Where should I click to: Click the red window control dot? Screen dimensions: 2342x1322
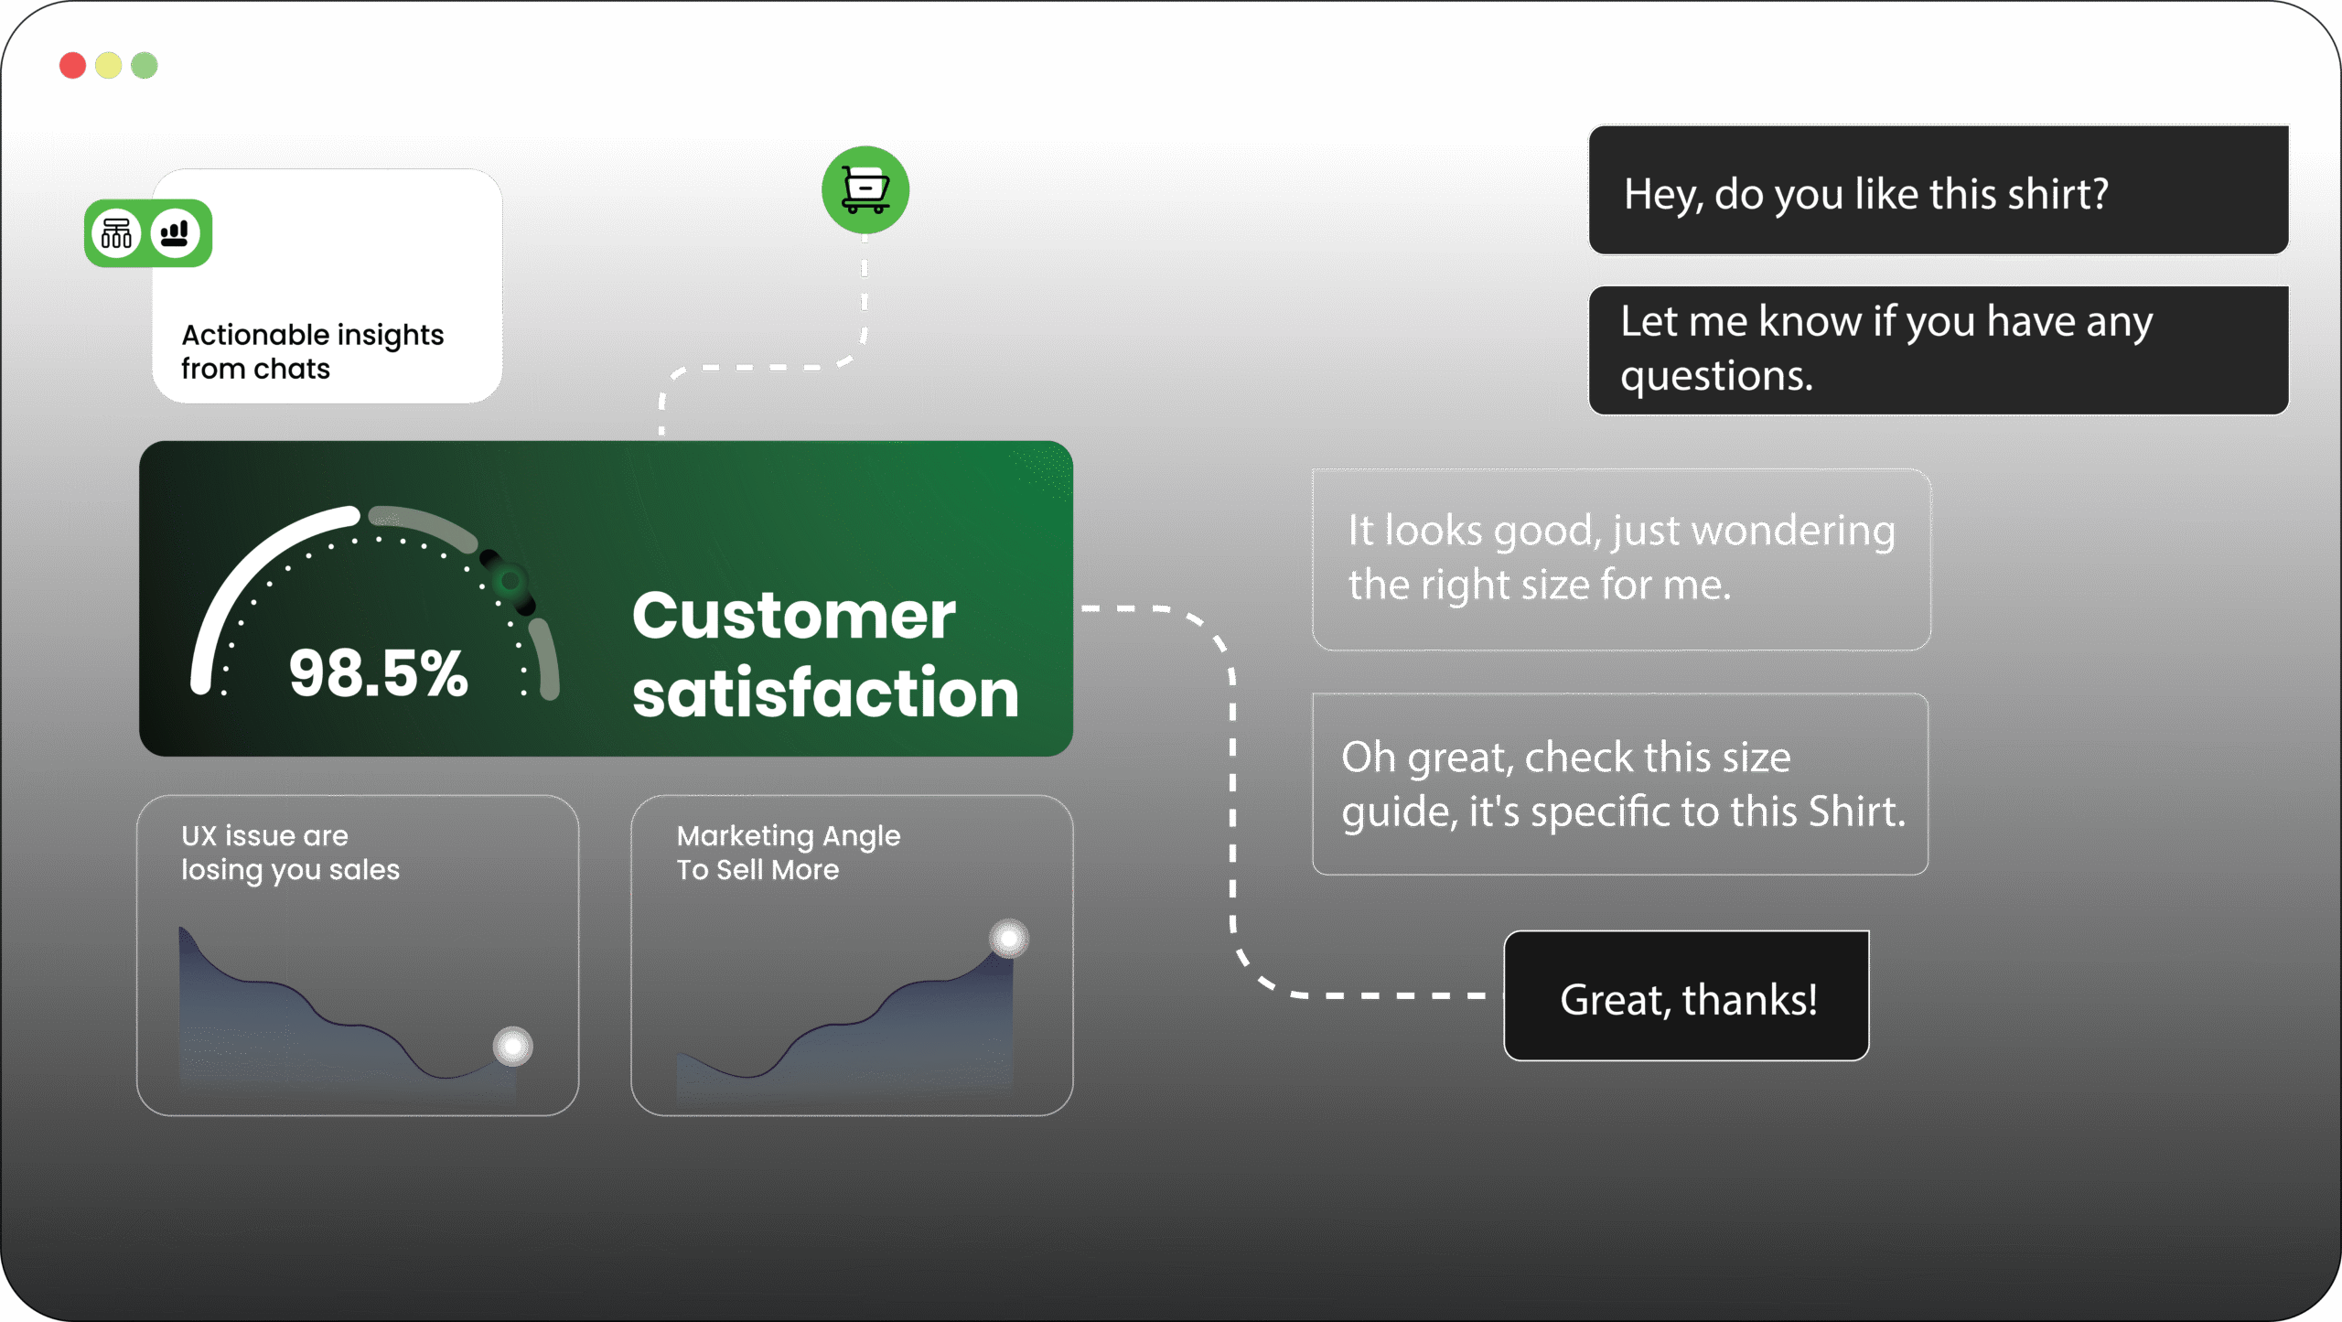[72, 66]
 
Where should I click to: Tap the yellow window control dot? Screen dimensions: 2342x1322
[108, 66]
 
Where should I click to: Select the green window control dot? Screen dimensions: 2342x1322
[145, 66]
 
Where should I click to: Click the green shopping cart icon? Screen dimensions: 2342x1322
[865, 189]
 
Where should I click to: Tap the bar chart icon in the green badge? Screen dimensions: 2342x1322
[175, 233]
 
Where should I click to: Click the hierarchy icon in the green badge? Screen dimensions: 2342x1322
[116, 233]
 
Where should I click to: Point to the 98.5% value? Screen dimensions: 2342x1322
[378, 673]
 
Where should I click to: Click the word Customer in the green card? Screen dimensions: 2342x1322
[793, 616]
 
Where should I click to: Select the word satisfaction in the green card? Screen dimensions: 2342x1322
[825, 693]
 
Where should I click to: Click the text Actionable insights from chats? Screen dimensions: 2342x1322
[312, 351]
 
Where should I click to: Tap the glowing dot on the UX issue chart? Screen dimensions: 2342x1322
[512, 1047]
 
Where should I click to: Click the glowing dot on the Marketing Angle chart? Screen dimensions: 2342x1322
[1009, 939]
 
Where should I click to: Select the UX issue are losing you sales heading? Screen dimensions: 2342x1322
[290, 853]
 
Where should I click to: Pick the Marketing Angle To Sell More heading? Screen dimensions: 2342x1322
[788, 853]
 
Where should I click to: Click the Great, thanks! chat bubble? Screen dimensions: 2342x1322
[1687, 996]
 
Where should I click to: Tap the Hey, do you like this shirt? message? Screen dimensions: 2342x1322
[1866, 195]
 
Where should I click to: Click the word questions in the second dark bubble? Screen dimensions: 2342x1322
[1716, 376]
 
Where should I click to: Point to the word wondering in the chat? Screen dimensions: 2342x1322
[1793, 531]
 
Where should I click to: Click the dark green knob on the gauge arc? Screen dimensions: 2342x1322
[510, 581]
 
